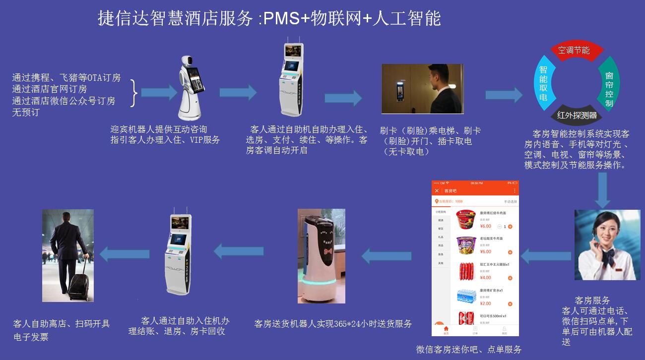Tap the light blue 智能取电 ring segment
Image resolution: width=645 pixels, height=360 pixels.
pyautogui.click(x=543, y=83)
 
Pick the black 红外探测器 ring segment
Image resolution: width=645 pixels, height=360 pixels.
pyautogui.click(x=576, y=116)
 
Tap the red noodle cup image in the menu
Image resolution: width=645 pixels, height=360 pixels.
pyautogui.click(x=466, y=220)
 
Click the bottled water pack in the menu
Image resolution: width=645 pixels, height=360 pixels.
pyautogui.click(x=466, y=297)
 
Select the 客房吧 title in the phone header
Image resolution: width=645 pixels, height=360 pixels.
pyautogui.click(x=451, y=190)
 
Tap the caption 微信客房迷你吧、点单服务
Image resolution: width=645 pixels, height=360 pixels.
pyautogui.click(x=468, y=350)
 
